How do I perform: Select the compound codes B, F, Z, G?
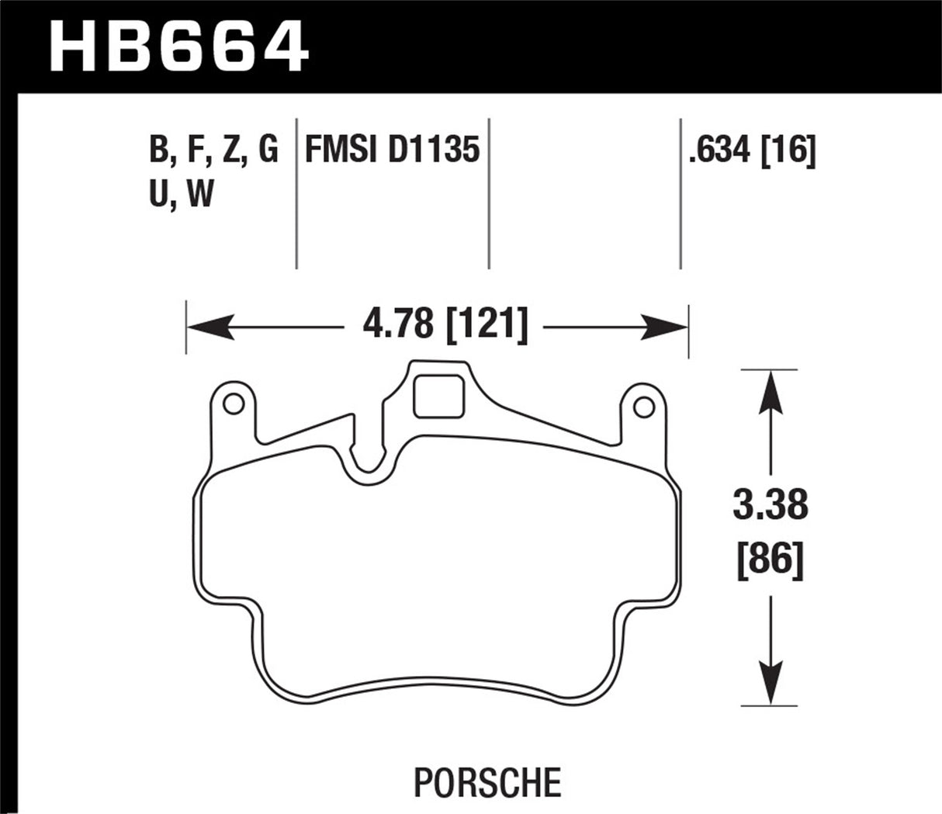213,149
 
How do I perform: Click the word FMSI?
339,149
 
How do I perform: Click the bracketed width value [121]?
487,324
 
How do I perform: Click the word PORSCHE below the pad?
487,781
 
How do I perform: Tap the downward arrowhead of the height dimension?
769,686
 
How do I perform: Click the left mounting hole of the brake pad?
232,404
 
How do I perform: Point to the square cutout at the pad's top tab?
438,397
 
